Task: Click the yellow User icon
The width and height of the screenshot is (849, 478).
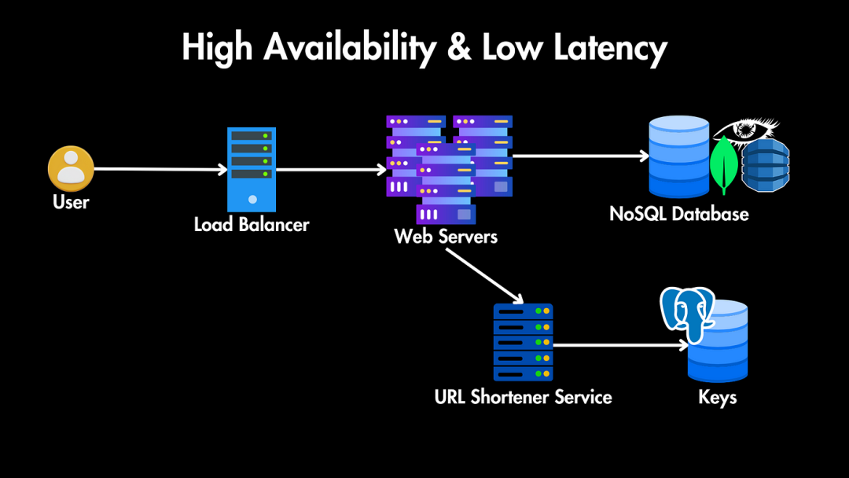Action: pos(71,168)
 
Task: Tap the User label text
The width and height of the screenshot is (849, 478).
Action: pos(71,202)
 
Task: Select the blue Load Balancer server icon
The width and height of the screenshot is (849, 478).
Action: pos(252,170)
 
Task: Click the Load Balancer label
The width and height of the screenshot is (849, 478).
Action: pos(252,224)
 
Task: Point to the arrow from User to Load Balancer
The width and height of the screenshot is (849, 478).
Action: pos(160,170)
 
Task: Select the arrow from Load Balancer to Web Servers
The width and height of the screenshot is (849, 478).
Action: pos(331,170)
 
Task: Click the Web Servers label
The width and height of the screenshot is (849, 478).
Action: pos(446,236)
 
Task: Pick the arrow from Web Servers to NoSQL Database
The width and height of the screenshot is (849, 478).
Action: pos(580,156)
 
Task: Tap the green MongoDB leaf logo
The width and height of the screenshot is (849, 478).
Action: pos(724,164)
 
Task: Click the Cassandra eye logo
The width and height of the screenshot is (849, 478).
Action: pos(745,130)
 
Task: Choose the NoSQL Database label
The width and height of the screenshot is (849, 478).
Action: pos(679,214)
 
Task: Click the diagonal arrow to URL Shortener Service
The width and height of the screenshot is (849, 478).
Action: pos(485,276)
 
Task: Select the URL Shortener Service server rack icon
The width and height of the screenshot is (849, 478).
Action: pos(523,342)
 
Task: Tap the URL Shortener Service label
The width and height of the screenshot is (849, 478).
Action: pos(523,397)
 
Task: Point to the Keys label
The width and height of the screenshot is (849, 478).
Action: pos(718,397)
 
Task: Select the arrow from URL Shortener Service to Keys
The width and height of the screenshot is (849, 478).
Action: pos(620,345)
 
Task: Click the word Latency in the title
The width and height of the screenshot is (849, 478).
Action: pos(610,48)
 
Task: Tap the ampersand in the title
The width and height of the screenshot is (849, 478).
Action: pos(459,47)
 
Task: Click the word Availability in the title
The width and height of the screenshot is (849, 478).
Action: pos(350,48)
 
